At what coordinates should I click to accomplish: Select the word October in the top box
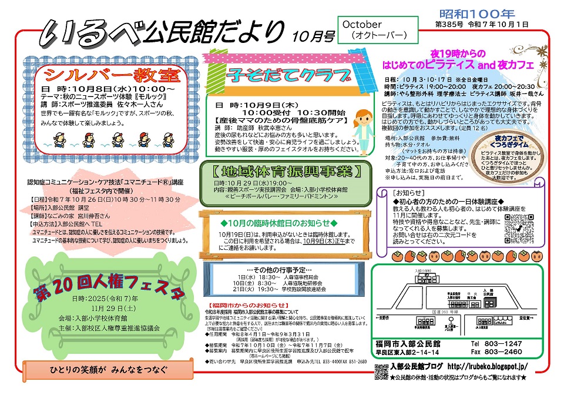click(x=362, y=25)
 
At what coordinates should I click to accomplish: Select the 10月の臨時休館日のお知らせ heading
click(x=279, y=223)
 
